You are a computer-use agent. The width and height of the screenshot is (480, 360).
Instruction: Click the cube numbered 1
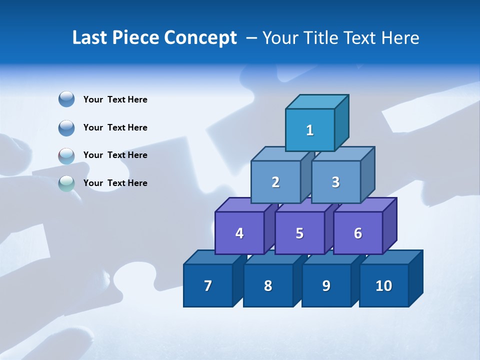[x=310, y=130]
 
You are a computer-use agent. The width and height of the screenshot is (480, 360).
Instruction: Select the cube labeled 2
[x=275, y=182]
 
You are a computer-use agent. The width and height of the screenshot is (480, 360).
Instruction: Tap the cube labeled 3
[x=335, y=182]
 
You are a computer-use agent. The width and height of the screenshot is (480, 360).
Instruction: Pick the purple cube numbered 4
[x=239, y=233]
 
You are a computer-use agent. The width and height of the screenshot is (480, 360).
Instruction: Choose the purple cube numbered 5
[x=299, y=233]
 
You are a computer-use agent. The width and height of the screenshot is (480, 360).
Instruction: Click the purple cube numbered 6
[x=357, y=233]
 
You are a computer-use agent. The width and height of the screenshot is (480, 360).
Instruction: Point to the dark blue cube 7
[x=208, y=285]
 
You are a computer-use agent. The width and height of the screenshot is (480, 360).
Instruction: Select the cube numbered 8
[x=268, y=285]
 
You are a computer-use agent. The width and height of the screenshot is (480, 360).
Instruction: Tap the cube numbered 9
[x=326, y=285]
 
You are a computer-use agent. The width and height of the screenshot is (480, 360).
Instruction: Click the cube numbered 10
[x=383, y=285]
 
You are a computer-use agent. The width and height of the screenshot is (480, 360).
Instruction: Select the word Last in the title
[x=89, y=38]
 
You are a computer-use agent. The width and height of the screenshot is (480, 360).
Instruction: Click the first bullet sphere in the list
[x=66, y=99]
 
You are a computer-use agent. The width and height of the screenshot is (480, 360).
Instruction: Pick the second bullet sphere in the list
[x=66, y=127]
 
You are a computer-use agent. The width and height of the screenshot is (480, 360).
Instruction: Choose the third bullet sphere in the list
[x=66, y=155]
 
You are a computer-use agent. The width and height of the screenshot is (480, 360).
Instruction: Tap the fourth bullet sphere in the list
[x=66, y=183]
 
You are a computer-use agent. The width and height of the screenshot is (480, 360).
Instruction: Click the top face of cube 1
[x=317, y=102]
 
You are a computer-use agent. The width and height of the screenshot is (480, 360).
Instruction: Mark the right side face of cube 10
[x=415, y=278]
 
